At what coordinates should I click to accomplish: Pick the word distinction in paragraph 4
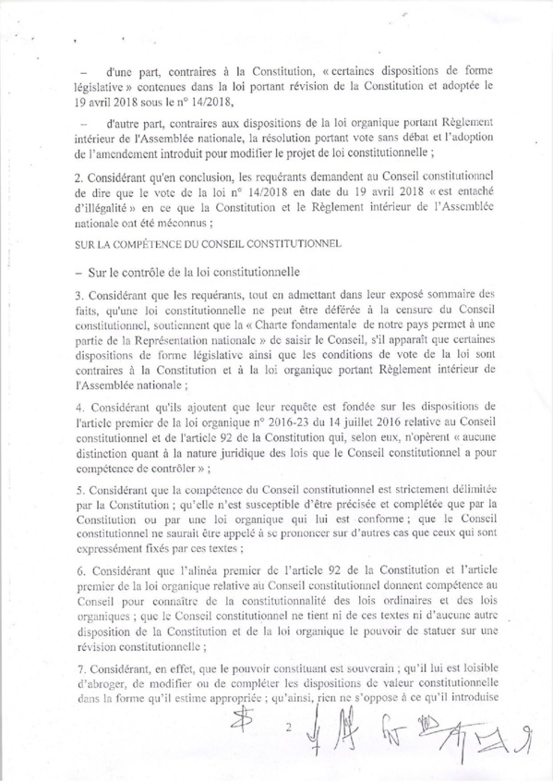point(106,457)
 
